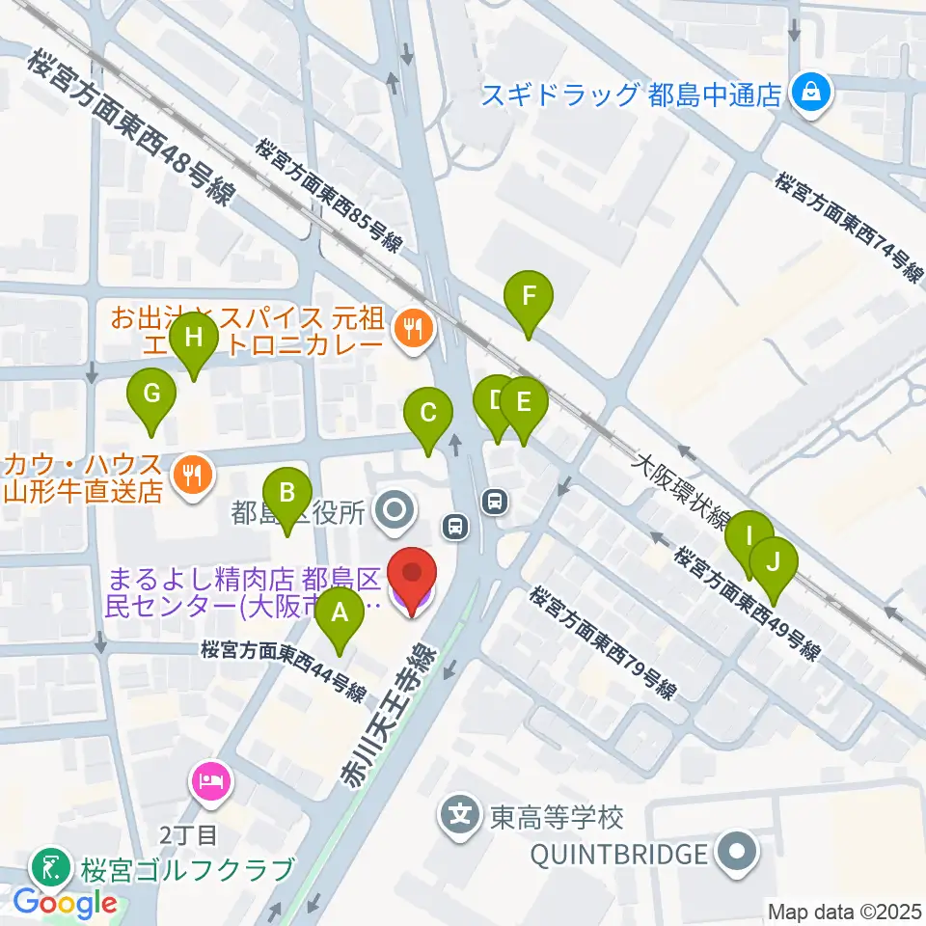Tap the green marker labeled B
pos(286,494)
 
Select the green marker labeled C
pos(428,414)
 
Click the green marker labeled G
pos(151,395)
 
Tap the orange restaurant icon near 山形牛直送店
pos(192,474)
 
